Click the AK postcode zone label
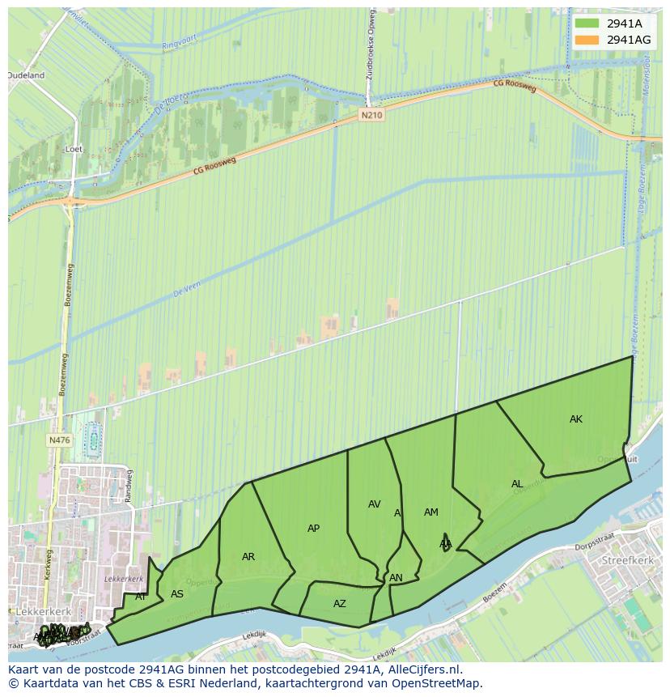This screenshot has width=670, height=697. pyautogui.click(x=575, y=419)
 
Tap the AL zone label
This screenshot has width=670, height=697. pyautogui.click(x=517, y=484)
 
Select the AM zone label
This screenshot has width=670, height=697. pyautogui.click(x=430, y=512)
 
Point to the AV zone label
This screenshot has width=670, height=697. pyautogui.click(x=374, y=504)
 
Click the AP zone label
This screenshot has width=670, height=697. pyautogui.click(x=313, y=529)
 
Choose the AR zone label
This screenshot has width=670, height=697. pyautogui.click(x=248, y=557)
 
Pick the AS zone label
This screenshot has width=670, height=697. pyautogui.click(x=177, y=594)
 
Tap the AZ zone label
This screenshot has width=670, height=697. pyautogui.click(x=339, y=604)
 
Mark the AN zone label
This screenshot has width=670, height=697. pyautogui.click(x=396, y=578)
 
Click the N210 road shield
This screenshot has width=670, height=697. pyautogui.click(x=371, y=116)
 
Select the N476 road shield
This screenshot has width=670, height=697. pyautogui.click(x=59, y=440)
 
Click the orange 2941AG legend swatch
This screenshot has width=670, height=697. pyautogui.click(x=587, y=40)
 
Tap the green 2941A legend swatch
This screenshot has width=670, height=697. pyautogui.click(x=587, y=23)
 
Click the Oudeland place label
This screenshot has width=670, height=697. pyautogui.click(x=26, y=75)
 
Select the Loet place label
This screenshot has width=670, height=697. pyautogui.click(x=74, y=150)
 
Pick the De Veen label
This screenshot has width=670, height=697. pyautogui.click(x=186, y=292)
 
